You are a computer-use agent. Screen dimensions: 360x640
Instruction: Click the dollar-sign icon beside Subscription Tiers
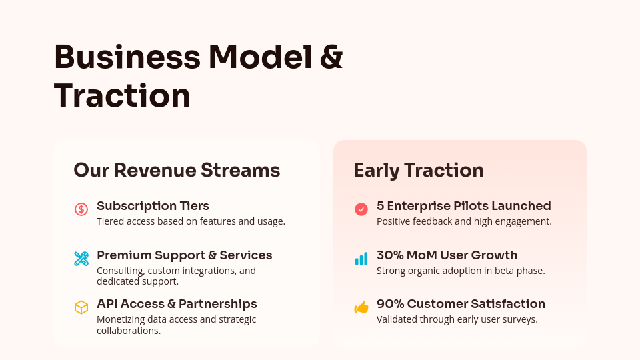81,209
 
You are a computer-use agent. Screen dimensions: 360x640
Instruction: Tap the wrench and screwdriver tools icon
81,259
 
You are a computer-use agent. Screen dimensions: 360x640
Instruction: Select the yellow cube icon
81,307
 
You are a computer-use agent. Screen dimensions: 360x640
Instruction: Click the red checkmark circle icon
361,209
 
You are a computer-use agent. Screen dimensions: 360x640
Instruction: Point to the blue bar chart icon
361,259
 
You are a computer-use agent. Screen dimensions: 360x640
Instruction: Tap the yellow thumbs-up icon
361,307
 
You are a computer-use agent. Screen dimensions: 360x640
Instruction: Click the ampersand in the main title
331,57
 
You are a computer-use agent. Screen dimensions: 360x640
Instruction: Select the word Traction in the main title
122,95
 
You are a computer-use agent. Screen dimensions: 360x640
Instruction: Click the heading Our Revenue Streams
177,170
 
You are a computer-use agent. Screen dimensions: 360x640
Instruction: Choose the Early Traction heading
419,170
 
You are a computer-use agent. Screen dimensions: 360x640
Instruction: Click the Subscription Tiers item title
153,206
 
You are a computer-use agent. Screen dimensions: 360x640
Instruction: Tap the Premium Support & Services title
184,255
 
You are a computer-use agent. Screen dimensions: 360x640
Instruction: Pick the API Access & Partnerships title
177,304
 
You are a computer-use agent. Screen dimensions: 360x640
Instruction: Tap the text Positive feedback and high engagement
464,221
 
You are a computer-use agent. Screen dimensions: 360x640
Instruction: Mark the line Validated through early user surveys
457,319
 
